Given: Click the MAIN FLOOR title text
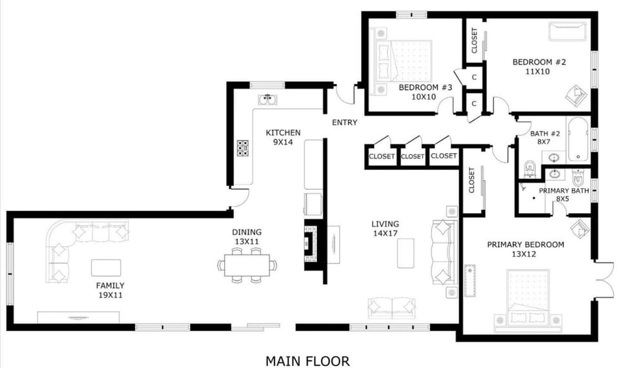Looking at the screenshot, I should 307,361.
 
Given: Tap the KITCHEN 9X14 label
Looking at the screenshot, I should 284,138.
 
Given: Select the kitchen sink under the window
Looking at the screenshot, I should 267,99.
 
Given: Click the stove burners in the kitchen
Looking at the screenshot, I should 243,148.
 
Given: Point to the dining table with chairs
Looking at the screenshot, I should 247,265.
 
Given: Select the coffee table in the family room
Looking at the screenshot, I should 106,267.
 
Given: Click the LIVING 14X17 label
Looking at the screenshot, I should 385,229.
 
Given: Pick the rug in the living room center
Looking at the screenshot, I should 406,252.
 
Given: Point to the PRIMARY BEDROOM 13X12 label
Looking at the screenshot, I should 525,249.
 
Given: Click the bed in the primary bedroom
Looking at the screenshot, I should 528,298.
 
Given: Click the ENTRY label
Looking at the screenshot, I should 344,123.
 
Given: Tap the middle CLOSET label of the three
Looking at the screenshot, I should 413,156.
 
